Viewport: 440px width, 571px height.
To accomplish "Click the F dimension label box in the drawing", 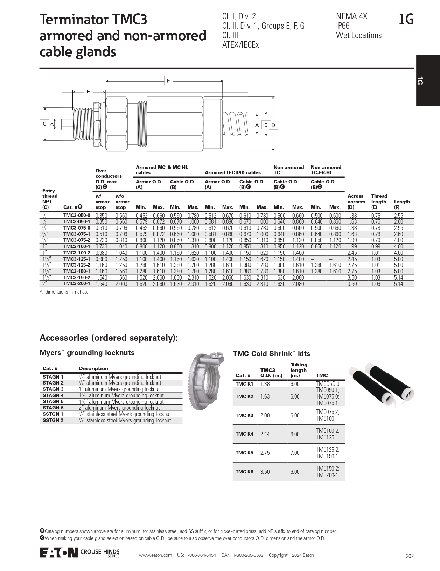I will pos(168,81).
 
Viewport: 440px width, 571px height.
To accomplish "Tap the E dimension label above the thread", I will pos(88,92).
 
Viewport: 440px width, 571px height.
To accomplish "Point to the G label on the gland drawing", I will pos(52,125).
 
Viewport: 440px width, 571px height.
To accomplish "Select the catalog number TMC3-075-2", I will pos(77,240).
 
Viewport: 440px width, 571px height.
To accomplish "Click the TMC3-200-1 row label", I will pos(77,284).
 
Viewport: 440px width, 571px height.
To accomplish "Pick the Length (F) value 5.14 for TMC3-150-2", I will pos(398,277).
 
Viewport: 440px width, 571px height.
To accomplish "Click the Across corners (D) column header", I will pos(356,202).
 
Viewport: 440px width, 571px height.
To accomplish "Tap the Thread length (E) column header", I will pos(379,202).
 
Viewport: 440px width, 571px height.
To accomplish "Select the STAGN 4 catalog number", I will pos(53,395).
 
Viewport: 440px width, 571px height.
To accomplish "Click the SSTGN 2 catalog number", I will pos(53,420).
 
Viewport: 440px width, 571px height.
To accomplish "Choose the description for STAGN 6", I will pos(119,408).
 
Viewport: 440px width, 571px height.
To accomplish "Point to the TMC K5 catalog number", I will pos(244,453).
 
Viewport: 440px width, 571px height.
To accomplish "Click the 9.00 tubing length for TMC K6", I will pos(295,472).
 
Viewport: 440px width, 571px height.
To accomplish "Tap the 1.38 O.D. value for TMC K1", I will pos(265,384).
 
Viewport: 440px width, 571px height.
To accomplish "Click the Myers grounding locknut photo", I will pos(207,381).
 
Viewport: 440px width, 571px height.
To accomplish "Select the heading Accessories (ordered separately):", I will pos(109,338).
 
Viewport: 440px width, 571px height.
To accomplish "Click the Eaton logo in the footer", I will pos(58,552).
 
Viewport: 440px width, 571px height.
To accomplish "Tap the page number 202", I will pos(410,556).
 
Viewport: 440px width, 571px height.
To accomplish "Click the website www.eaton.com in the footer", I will pos(155,555).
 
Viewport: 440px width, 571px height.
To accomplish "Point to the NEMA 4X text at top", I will pos(351,16).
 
